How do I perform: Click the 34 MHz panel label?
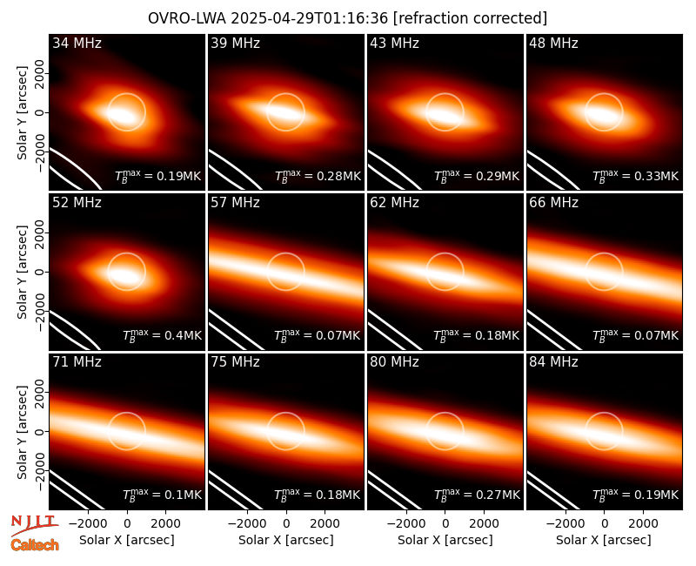click(x=77, y=43)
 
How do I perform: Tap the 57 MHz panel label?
click(x=235, y=203)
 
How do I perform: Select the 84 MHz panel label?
click(x=553, y=362)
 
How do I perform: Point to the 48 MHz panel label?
click(x=553, y=43)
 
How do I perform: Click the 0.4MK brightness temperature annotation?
click(x=162, y=335)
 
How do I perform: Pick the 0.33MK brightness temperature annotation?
click(x=636, y=176)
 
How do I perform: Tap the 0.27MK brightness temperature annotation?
click(x=477, y=495)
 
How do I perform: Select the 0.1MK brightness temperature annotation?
click(x=162, y=495)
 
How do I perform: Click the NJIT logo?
click(x=35, y=525)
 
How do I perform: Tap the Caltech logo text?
click(x=35, y=545)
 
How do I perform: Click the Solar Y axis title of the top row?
click(x=22, y=113)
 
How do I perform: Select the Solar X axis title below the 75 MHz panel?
click(x=286, y=540)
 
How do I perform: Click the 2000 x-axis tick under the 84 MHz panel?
click(x=643, y=524)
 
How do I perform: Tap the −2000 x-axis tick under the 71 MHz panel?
click(x=84, y=524)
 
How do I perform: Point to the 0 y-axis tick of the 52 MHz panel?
click(x=40, y=272)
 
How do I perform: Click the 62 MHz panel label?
click(x=395, y=203)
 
